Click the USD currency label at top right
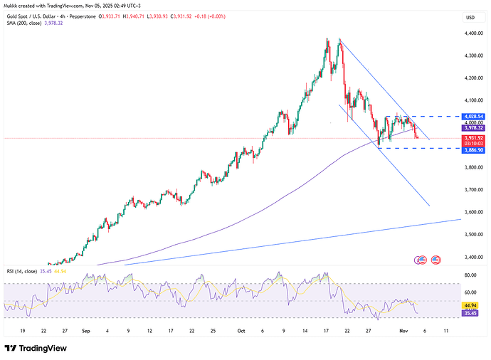click(x=470, y=17)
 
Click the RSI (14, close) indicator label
click(x=26, y=272)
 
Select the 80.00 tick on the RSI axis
click(x=470, y=275)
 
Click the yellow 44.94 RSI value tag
click(x=470, y=305)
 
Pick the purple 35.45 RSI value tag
click(x=470, y=312)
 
